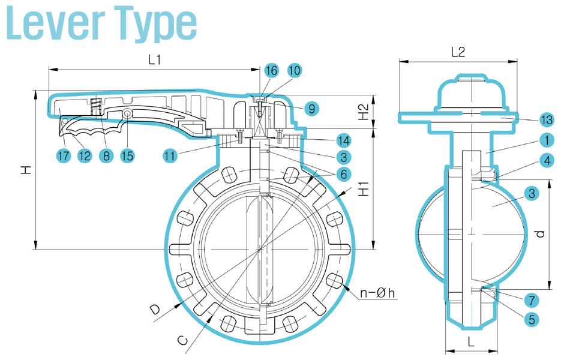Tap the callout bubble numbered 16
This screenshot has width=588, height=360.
click(x=272, y=70)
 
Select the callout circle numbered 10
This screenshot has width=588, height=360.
click(x=294, y=70)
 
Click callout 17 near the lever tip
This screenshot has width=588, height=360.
click(x=64, y=156)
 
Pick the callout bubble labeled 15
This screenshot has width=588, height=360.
click(x=127, y=156)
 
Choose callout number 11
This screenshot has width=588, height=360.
click(x=171, y=156)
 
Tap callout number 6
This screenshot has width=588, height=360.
click(x=344, y=174)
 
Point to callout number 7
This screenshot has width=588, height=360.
click(x=530, y=299)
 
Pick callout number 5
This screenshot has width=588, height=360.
click(x=530, y=319)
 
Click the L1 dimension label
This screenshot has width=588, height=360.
click(x=155, y=60)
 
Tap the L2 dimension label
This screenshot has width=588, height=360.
click(x=458, y=52)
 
